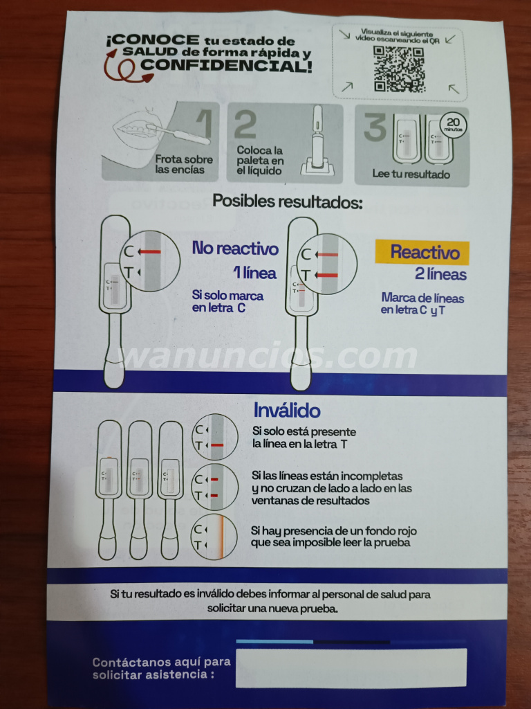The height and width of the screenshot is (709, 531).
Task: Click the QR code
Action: (x=399, y=69)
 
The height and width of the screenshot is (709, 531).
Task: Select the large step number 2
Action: (x=245, y=125)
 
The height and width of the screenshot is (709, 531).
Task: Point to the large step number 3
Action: (x=375, y=127)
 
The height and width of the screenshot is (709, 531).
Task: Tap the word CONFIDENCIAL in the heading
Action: (x=225, y=66)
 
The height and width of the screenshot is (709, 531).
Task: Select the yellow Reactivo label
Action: (x=422, y=252)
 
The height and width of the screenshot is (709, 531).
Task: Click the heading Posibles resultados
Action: (x=287, y=201)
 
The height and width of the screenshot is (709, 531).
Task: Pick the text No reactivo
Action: (x=235, y=249)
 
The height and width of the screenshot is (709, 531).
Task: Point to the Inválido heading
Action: (x=287, y=410)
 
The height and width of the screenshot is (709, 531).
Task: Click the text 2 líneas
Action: (x=440, y=274)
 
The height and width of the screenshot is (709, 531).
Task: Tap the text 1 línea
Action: (x=254, y=273)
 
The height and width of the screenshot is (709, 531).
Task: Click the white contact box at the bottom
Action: (x=351, y=668)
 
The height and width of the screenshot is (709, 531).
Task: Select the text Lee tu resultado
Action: (x=411, y=174)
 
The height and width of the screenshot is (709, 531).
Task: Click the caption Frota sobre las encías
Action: (x=184, y=165)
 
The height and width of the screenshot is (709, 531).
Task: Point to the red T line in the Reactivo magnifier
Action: (x=326, y=275)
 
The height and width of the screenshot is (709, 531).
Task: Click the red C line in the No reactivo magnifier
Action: (x=150, y=252)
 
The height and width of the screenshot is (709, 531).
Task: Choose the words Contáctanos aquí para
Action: (x=161, y=663)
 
